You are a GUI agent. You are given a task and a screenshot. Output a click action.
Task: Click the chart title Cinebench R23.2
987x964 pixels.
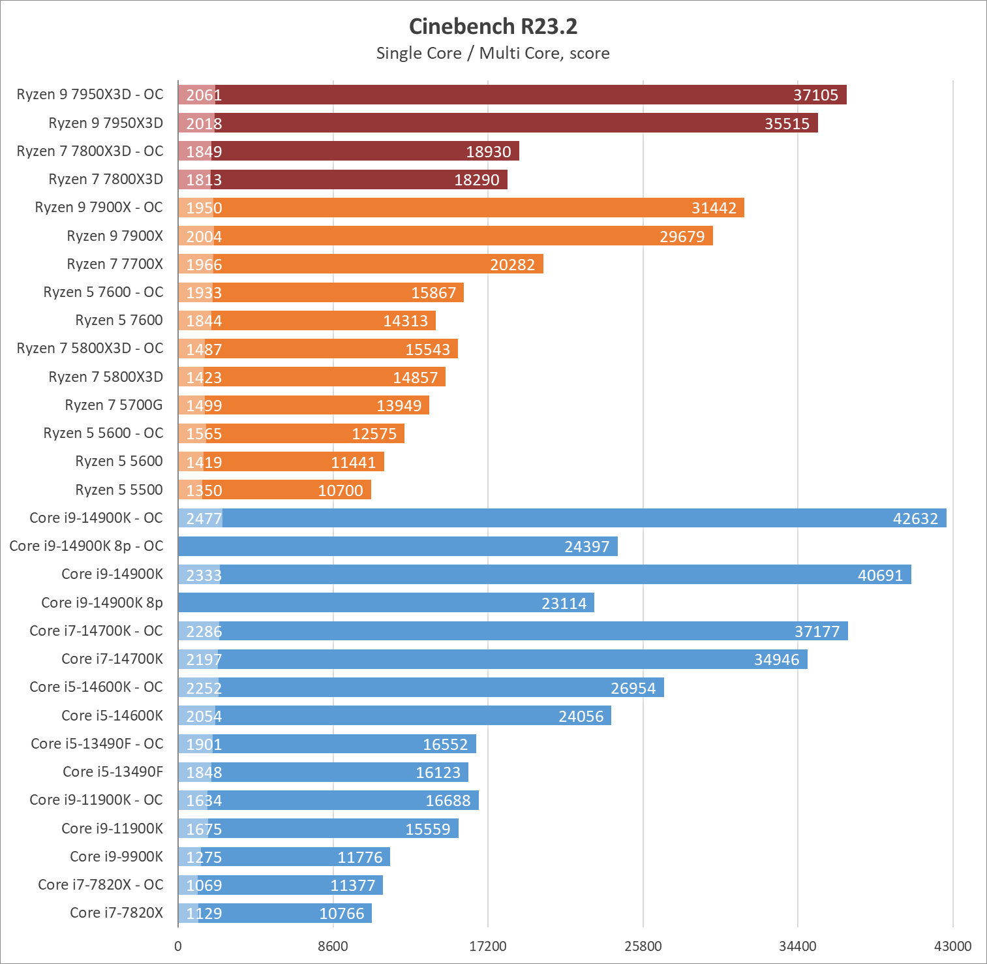[x=493, y=27]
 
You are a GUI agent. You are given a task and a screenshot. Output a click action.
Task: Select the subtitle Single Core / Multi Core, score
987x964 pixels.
[x=493, y=54]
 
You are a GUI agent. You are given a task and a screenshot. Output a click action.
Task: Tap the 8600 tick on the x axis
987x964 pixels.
[x=333, y=946]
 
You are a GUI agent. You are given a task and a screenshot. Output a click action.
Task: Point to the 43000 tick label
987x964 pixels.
[x=952, y=946]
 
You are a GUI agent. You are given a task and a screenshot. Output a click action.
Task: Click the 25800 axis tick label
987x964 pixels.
[x=643, y=946]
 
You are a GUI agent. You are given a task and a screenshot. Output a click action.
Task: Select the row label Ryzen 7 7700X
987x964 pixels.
[x=115, y=264]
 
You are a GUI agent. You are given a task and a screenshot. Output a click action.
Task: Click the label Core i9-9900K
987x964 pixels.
[x=116, y=857]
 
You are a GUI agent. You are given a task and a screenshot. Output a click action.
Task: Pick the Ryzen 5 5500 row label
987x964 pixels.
[x=119, y=490]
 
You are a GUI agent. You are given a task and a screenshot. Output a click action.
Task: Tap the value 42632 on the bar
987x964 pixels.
[x=915, y=519]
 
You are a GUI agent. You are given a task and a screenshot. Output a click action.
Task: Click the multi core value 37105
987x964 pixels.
[x=815, y=95]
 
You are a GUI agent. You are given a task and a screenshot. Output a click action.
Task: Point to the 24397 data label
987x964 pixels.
[x=586, y=547]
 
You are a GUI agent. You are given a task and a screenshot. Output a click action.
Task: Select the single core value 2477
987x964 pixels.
[x=204, y=519]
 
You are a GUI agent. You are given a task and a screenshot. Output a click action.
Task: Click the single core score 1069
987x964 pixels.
[x=204, y=886]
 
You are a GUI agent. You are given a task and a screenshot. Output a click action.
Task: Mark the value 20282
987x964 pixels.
[x=512, y=265]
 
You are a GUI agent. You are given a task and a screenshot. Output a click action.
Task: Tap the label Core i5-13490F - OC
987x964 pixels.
[x=97, y=744]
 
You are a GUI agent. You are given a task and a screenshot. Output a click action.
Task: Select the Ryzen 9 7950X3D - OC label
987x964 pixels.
[x=90, y=95]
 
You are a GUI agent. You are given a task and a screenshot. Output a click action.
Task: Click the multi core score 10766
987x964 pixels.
[x=341, y=914]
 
